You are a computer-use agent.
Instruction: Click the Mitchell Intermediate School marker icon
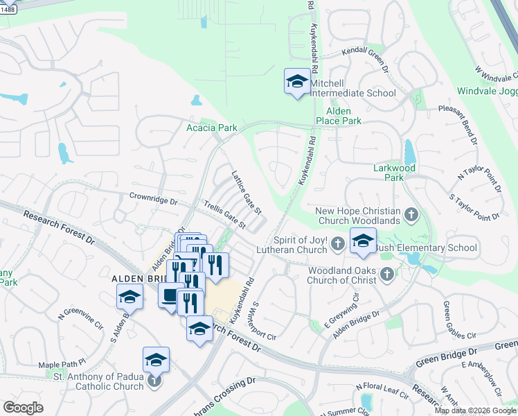pyautogui.click(x=297, y=81)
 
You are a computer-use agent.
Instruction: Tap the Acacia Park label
pyautogui.click(x=212, y=128)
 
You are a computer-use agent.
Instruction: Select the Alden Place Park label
pyautogui.click(x=343, y=116)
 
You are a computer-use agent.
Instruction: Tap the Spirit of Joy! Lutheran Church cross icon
pyautogui.click(x=337, y=243)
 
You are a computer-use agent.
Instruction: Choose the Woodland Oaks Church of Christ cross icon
pyautogui.click(x=386, y=275)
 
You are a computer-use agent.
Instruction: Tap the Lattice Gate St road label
pyautogui.click(x=246, y=192)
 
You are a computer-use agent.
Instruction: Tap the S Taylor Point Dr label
pyautogui.click(x=475, y=208)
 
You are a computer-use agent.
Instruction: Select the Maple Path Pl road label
pyautogui.click(x=62, y=363)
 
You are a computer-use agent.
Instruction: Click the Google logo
pyautogui.click(x=24, y=407)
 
